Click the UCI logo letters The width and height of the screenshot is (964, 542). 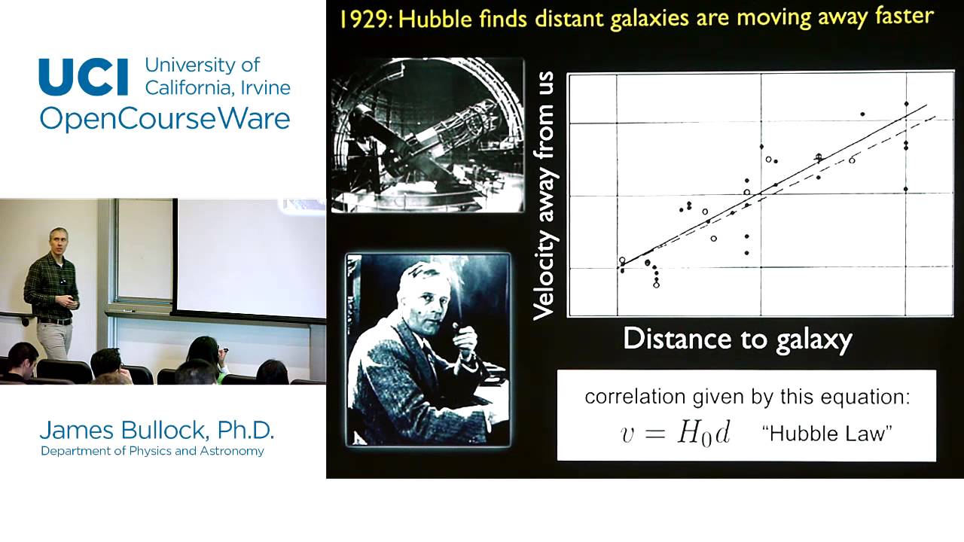click(x=84, y=77)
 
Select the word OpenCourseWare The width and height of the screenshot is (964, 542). click(x=164, y=119)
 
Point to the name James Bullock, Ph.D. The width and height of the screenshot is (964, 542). click(x=157, y=430)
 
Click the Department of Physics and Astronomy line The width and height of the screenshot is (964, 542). click(x=152, y=451)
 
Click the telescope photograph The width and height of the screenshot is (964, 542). click(x=428, y=135)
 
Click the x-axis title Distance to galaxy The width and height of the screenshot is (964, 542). click(x=737, y=339)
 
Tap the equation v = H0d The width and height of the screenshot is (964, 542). click(x=675, y=434)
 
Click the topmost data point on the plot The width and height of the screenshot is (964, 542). click(x=907, y=104)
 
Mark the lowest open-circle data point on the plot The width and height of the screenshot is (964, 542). click(x=656, y=285)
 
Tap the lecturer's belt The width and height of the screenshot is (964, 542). click(x=55, y=321)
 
